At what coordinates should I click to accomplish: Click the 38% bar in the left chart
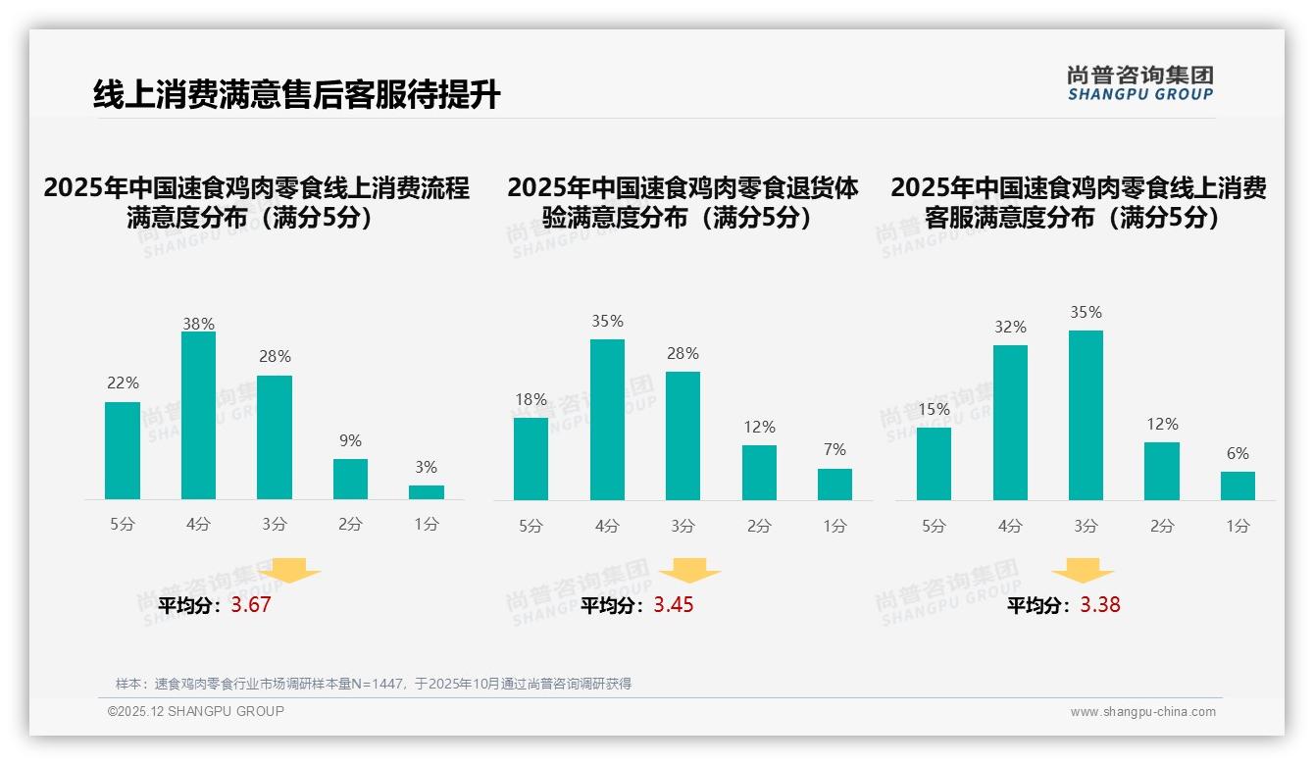point(198,416)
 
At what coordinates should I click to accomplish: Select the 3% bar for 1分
point(427,492)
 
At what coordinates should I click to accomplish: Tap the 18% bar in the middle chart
point(531,459)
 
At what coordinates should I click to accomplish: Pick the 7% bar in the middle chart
point(834,484)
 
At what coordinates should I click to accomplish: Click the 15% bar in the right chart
point(934,464)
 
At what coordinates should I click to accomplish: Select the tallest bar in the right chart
point(1086,416)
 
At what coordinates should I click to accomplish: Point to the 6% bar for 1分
point(1238,485)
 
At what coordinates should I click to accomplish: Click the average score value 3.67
point(251,605)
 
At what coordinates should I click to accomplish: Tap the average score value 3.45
point(674,605)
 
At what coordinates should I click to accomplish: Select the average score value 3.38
point(1100,605)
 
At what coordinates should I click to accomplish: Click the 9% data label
point(350,441)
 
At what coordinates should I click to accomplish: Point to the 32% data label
point(1010,328)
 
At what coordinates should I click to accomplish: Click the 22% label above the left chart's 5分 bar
point(123,383)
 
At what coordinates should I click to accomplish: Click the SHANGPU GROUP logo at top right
point(1140,83)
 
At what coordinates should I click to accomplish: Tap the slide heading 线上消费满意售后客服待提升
point(297,95)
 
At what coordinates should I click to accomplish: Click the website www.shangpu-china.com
point(1142,712)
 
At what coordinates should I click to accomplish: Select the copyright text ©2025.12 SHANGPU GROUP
point(196,712)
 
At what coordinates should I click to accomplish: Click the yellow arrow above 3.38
point(1083,572)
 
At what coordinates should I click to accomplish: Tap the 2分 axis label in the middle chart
point(759,527)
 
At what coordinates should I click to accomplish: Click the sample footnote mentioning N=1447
point(374,684)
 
